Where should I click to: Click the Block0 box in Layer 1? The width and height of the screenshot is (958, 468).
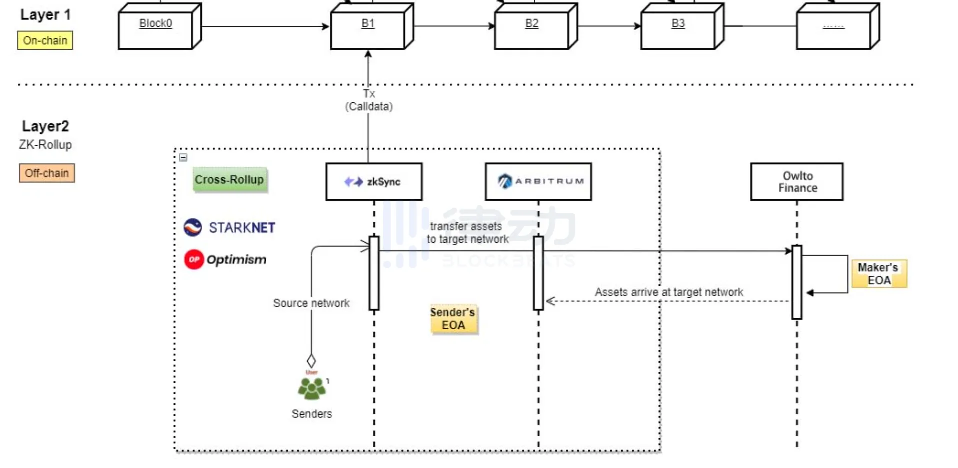[156, 28]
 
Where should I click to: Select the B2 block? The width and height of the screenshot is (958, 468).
[532, 28]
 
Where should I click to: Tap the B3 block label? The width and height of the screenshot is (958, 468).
[678, 23]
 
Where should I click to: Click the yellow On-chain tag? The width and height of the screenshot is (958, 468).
[45, 40]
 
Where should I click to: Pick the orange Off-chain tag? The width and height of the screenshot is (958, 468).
[47, 173]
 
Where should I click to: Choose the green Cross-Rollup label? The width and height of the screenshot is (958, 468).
[230, 180]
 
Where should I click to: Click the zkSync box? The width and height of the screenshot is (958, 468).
[374, 182]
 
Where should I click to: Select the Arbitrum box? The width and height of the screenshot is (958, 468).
[538, 182]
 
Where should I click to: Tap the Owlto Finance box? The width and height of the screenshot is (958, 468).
[797, 182]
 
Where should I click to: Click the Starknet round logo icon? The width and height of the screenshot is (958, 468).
[193, 227]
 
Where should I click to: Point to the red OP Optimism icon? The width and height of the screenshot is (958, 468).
[194, 259]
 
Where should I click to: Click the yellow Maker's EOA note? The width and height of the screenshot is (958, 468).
[879, 274]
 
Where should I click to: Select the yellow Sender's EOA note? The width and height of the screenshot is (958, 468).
[453, 319]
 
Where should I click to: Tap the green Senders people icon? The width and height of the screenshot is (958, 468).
[311, 388]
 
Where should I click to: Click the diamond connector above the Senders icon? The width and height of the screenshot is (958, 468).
[311, 361]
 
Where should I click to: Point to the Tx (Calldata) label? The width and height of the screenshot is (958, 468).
[369, 100]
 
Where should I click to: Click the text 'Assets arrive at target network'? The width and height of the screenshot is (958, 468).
[669, 292]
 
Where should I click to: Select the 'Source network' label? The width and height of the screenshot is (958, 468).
[311, 303]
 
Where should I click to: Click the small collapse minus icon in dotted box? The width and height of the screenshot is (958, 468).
[183, 157]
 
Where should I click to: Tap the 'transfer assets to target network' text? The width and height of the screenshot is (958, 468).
[467, 233]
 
